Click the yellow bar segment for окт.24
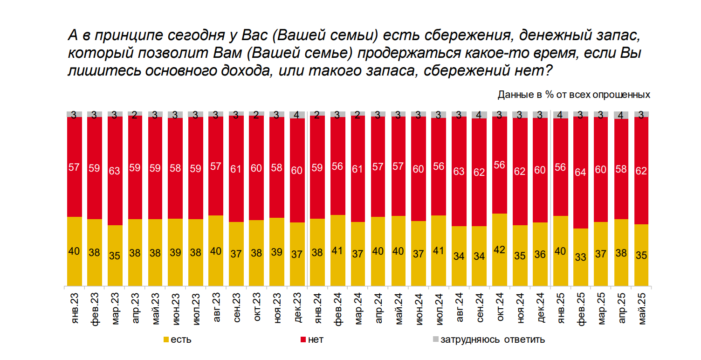click(x=499, y=249)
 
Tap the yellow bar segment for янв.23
click(x=74, y=251)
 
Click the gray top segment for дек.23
click(x=297, y=115)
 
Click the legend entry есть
click(x=177, y=339)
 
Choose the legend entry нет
click(x=312, y=339)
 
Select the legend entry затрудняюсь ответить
click(x=489, y=339)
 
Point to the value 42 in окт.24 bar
click(x=499, y=249)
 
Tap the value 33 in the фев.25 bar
click(x=580, y=256)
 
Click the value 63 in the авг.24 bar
click(x=459, y=171)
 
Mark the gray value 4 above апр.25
click(x=621, y=115)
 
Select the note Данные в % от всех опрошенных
click(x=574, y=95)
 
